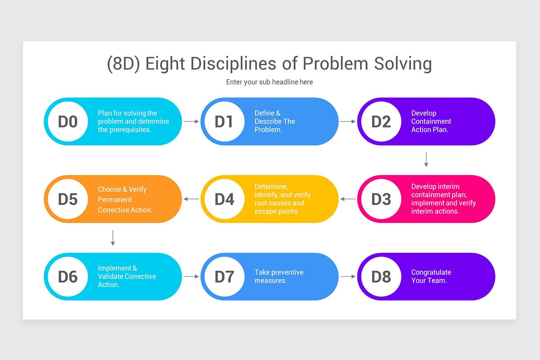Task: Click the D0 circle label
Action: point(68,121)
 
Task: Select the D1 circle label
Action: point(225,121)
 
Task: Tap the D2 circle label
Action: point(381,121)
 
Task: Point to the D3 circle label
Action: point(381,199)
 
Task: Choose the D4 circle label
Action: point(225,199)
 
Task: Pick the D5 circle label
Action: point(68,199)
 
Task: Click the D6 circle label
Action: point(68,276)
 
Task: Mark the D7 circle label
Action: point(225,276)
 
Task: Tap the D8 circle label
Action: point(381,276)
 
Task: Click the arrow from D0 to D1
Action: point(191,121)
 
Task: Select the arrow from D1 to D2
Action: point(348,121)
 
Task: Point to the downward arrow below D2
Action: point(426,159)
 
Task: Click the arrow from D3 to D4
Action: point(348,199)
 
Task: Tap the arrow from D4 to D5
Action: point(191,199)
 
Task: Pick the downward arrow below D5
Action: point(113,238)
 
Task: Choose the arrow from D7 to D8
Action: point(348,276)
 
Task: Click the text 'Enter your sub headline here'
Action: point(270,82)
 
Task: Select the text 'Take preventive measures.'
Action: point(279,276)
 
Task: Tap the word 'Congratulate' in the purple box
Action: point(431,272)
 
